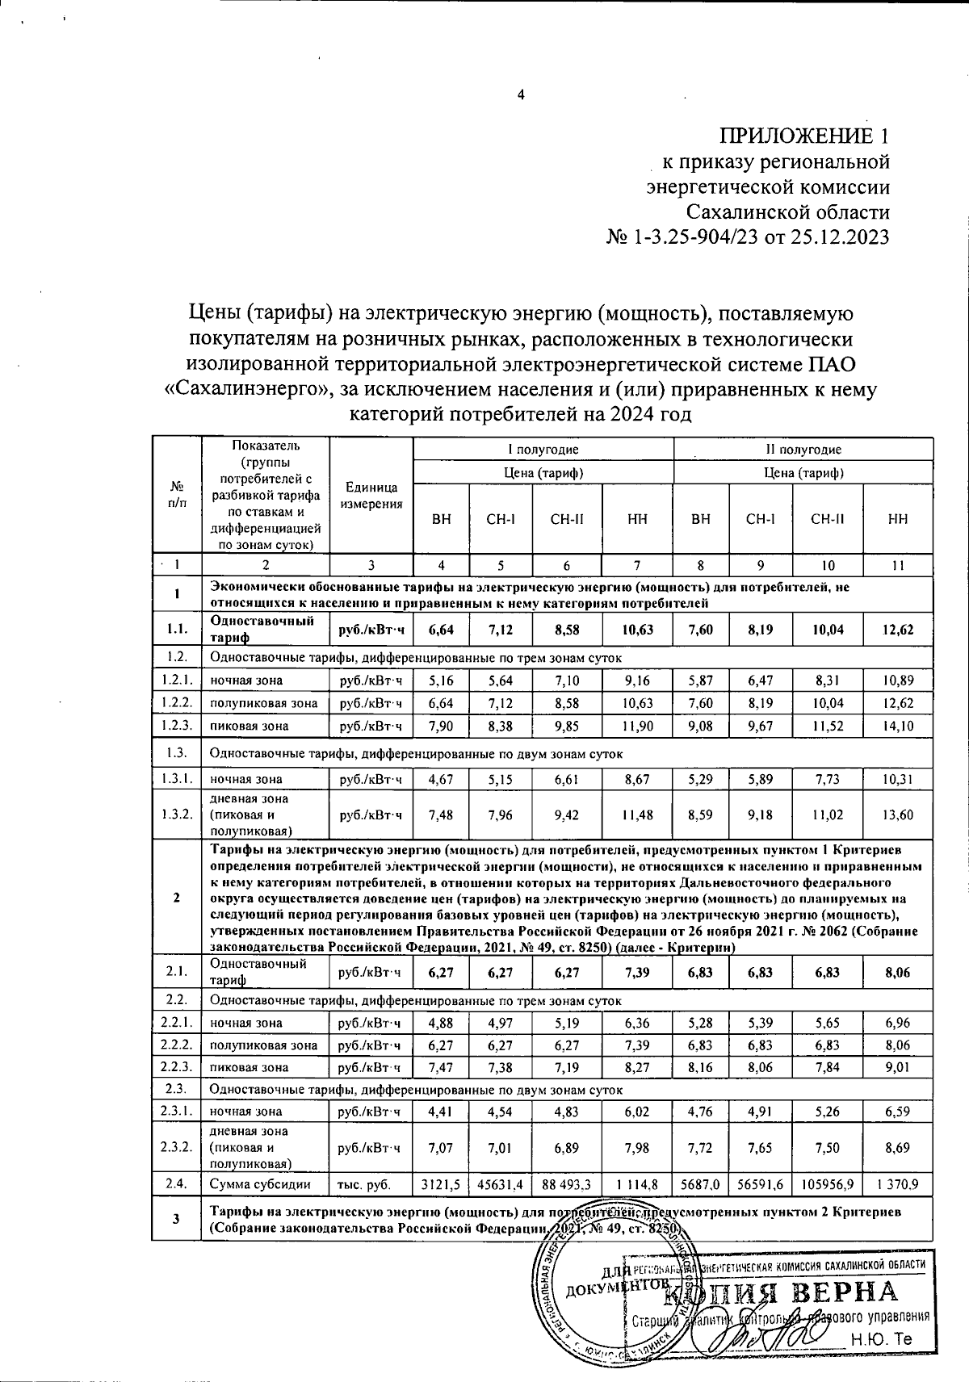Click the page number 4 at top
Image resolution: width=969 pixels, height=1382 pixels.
[521, 95]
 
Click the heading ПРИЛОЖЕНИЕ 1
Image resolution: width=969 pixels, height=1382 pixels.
[806, 135]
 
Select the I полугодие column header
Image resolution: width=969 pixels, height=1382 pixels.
[543, 449]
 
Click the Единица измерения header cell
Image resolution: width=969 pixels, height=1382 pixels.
[371, 496]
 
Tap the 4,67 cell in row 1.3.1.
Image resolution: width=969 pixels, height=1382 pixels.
[441, 780]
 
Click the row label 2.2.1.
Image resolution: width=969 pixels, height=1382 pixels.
[176, 1023]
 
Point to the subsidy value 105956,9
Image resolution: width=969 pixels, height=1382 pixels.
[827, 1184]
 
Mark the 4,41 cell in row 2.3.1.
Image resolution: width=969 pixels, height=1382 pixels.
[441, 1112]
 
